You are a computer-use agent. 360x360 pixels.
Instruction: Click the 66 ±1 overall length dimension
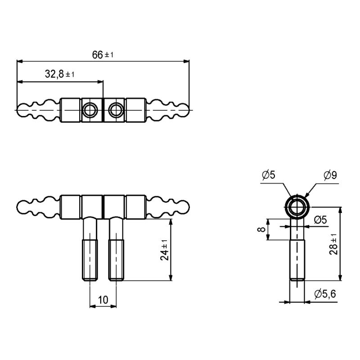[x=103, y=55]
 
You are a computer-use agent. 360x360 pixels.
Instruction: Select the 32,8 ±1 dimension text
[x=60, y=74]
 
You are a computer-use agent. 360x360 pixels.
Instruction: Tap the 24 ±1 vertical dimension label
[x=164, y=250]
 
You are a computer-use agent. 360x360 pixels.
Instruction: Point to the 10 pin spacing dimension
[x=103, y=300]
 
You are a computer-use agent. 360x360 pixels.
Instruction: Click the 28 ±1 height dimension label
[x=333, y=244]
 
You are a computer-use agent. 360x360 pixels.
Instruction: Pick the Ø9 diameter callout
[x=330, y=175]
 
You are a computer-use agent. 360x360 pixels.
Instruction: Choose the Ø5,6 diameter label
[x=325, y=294]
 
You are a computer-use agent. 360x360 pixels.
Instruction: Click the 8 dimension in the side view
[x=261, y=229]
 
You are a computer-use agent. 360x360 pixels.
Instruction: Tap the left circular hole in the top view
[x=90, y=110]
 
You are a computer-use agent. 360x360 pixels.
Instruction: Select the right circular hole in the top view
[x=116, y=110]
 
